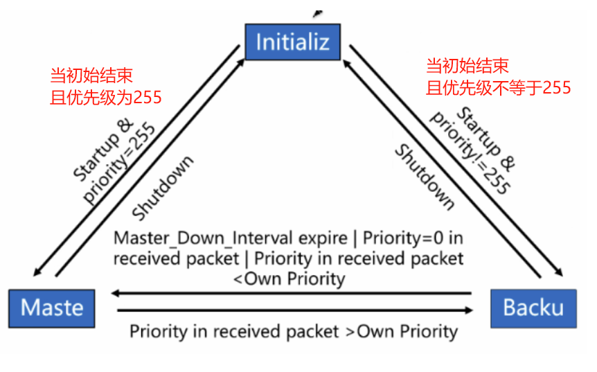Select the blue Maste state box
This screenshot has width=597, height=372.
tap(52, 308)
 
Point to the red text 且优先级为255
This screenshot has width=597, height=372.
tap(106, 97)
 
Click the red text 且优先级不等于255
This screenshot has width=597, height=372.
tap(498, 87)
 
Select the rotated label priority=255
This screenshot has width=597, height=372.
tap(119, 165)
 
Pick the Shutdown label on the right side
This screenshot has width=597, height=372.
tap(424, 177)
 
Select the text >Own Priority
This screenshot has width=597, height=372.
tap(401, 331)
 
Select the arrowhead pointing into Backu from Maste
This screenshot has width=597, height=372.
tap(467, 310)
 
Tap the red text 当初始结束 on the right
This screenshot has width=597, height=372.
tap(467, 67)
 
